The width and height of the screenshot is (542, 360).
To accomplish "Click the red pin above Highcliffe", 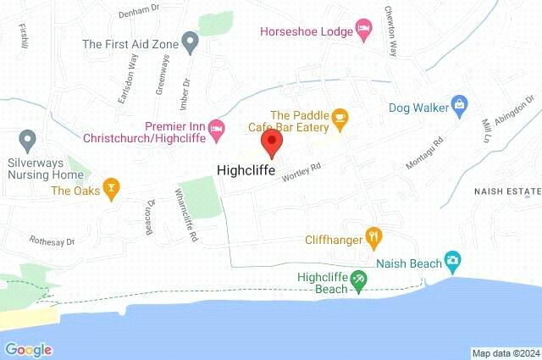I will point(271,142).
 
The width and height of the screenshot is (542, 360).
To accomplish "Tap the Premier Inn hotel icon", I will point(217,129).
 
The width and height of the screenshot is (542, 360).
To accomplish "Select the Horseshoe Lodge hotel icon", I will point(363,30).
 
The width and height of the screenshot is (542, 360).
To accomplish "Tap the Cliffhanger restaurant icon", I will point(372,237).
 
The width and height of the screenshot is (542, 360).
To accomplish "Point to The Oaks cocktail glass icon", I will point(110,188).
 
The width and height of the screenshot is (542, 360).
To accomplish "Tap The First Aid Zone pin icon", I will point(191,40).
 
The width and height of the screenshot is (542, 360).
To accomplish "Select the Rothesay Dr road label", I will point(52,241).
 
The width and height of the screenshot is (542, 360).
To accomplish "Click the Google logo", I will point(29,349).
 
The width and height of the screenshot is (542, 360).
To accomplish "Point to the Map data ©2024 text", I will point(505,352).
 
